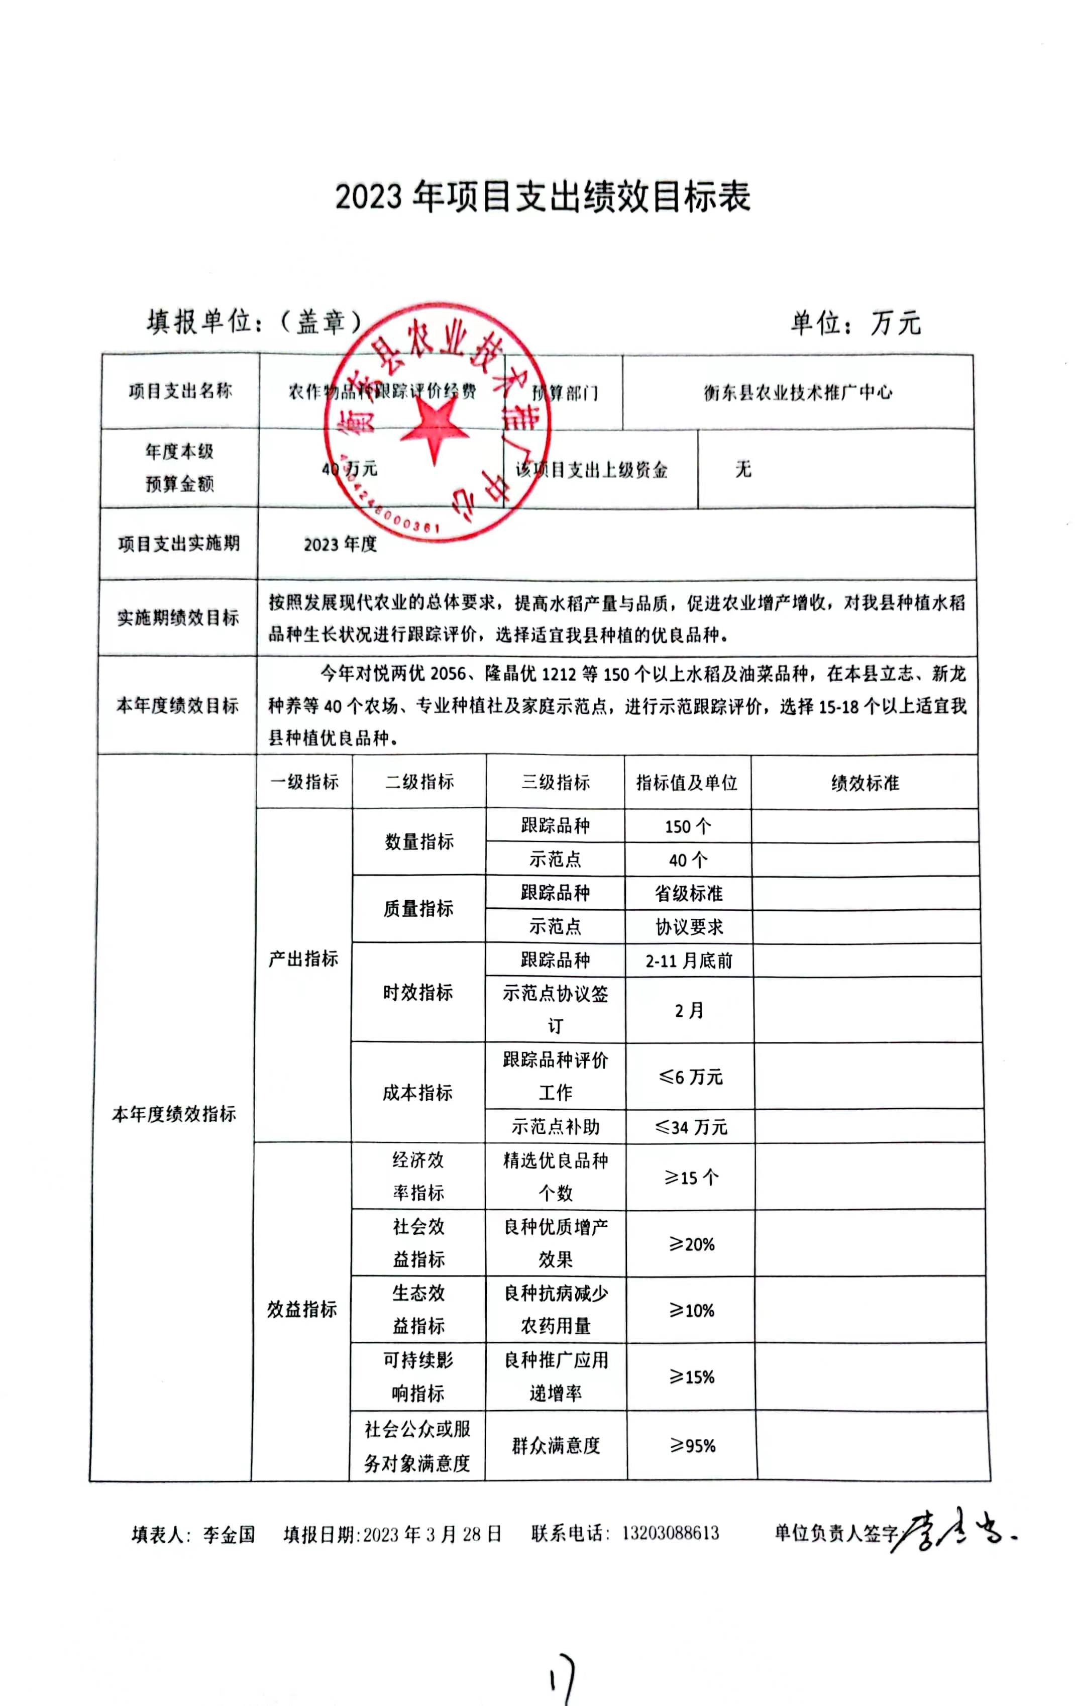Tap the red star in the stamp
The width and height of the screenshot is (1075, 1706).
[x=433, y=426]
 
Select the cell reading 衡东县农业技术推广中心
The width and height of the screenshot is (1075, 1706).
[x=797, y=392]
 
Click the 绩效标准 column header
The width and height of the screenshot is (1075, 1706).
[x=865, y=782]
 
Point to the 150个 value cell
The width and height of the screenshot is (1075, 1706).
[x=687, y=826]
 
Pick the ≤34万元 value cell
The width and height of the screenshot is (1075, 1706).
[x=690, y=1126]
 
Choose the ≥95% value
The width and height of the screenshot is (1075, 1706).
[x=692, y=1446]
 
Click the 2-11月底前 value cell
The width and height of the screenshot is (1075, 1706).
[x=689, y=961]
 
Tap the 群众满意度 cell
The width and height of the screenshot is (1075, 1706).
[x=556, y=1445]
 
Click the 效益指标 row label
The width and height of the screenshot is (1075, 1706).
[x=302, y=1309]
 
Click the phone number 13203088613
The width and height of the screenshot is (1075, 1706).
[x=671, y=1533]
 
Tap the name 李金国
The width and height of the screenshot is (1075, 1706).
[x=228, y=1535]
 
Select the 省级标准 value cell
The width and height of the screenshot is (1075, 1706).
[x=688, y=893]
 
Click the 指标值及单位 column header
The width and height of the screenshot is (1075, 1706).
[x=687, y=782]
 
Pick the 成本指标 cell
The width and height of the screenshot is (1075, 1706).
[x=417, y=1093]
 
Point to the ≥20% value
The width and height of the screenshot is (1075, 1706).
[x=692, y=1244]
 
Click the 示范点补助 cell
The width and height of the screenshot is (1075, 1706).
[x=556, y=1126]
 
